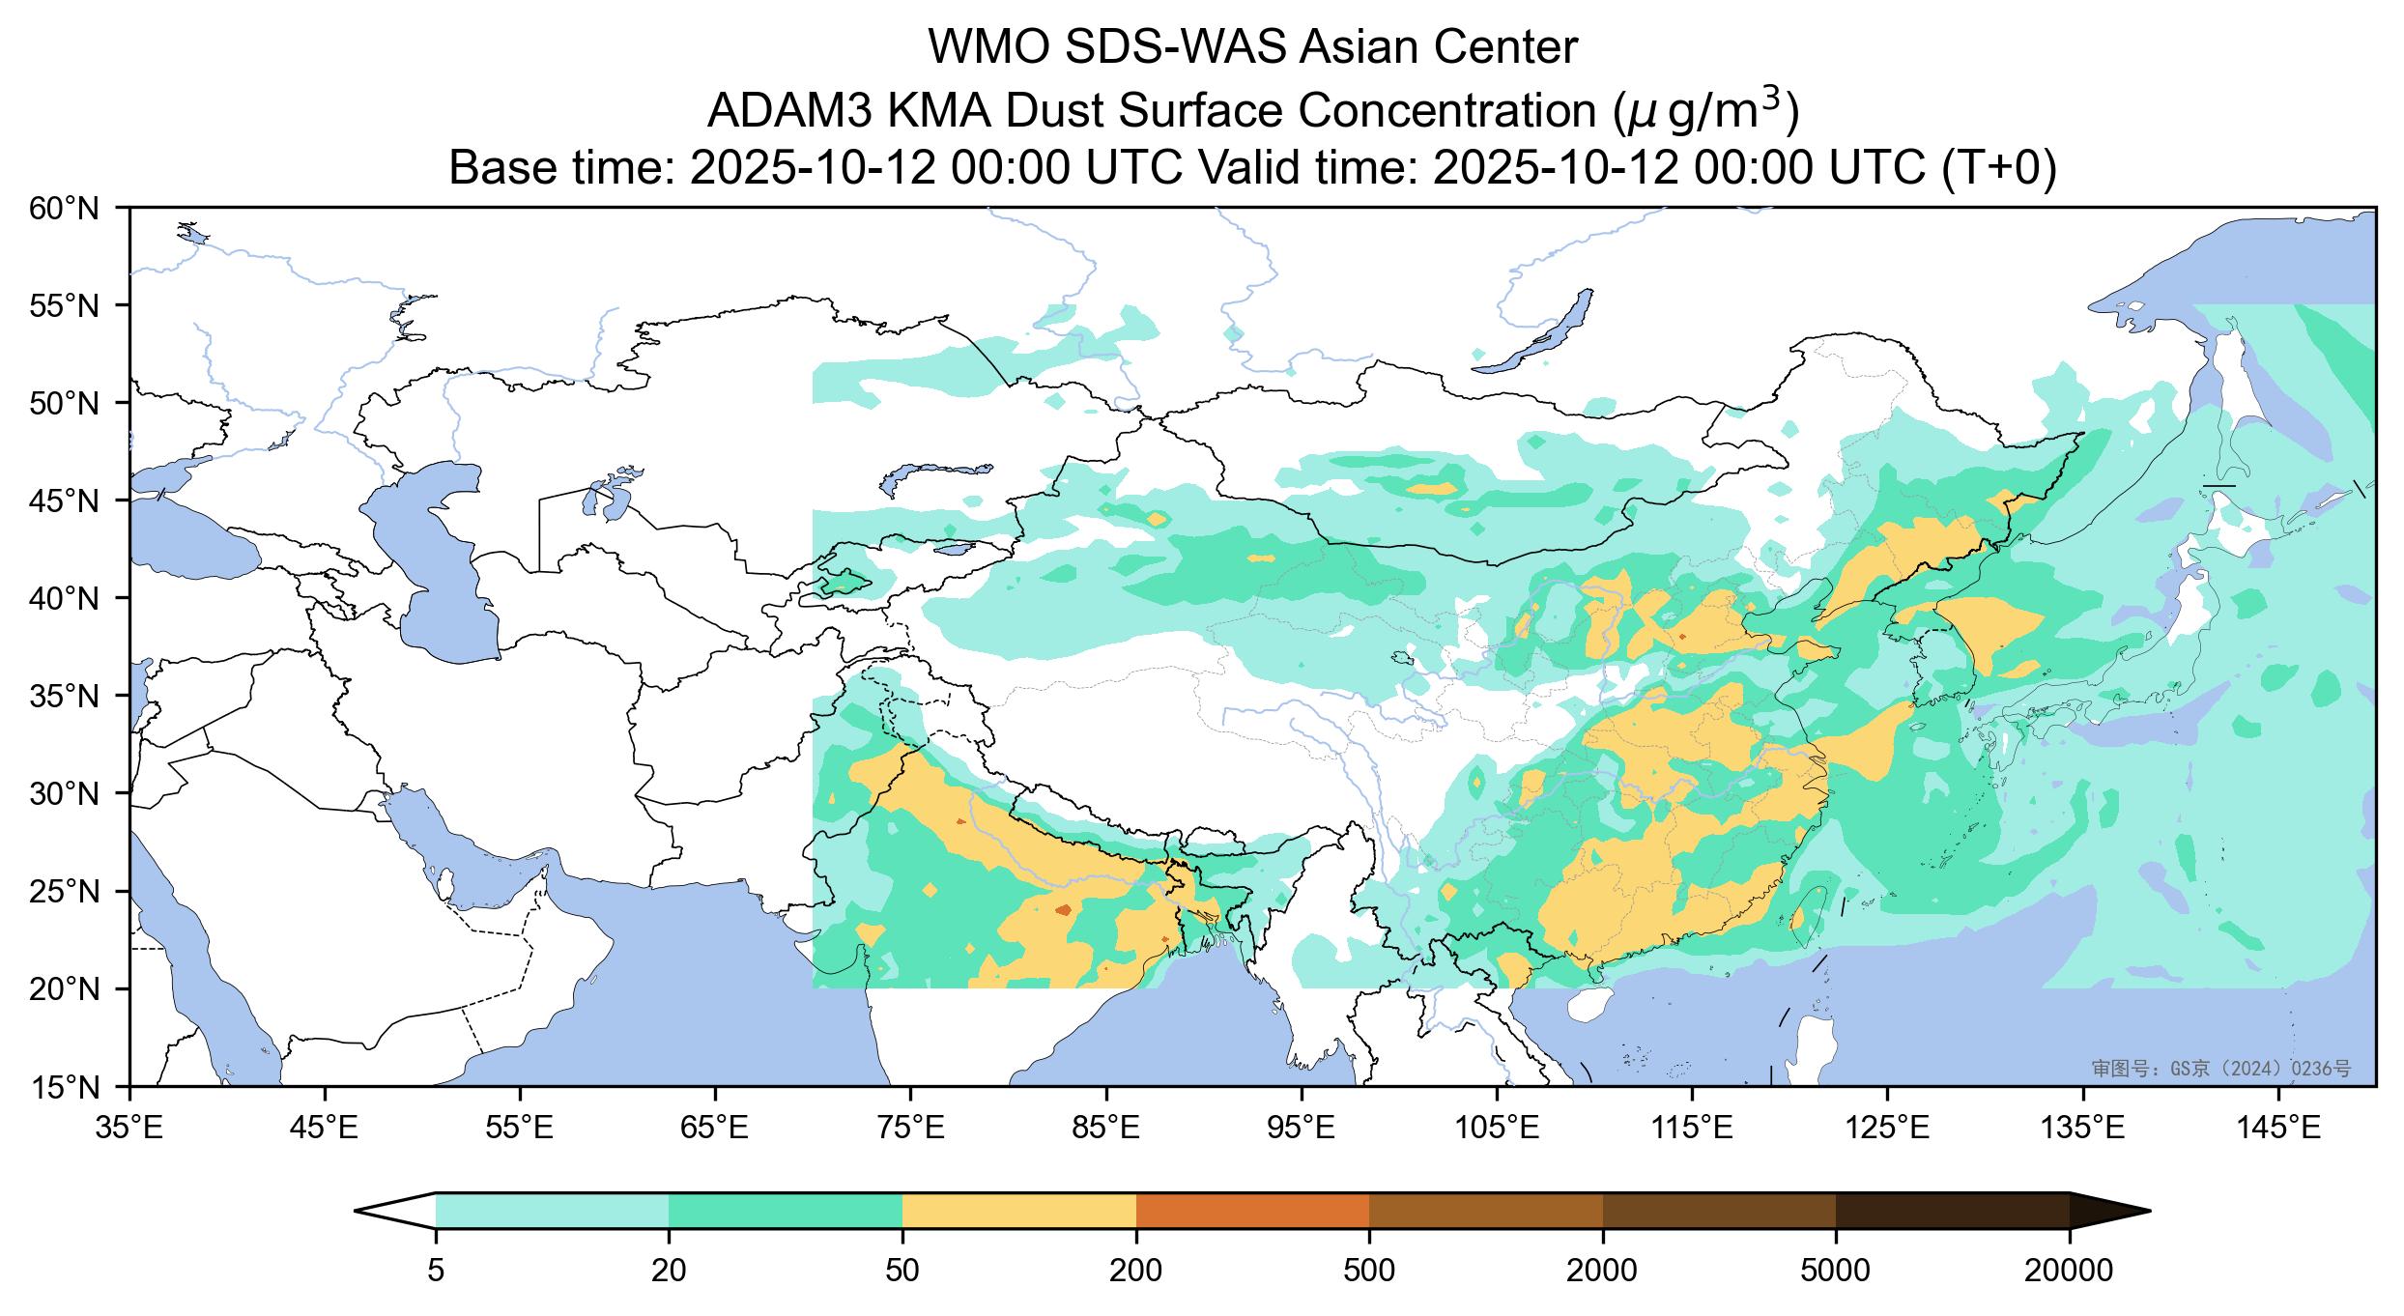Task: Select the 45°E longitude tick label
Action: [x=325, y=1127]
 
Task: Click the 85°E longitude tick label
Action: [x=1106, y=1127]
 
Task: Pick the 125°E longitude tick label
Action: [x=1888, y=1127]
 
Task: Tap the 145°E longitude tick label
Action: [x=2279, y=1127]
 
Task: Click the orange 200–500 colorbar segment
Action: [x=1252, y=1211]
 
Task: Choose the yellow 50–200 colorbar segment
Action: [x=1018, y=1211]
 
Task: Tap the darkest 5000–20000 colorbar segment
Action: [x=1952, y=1211]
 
